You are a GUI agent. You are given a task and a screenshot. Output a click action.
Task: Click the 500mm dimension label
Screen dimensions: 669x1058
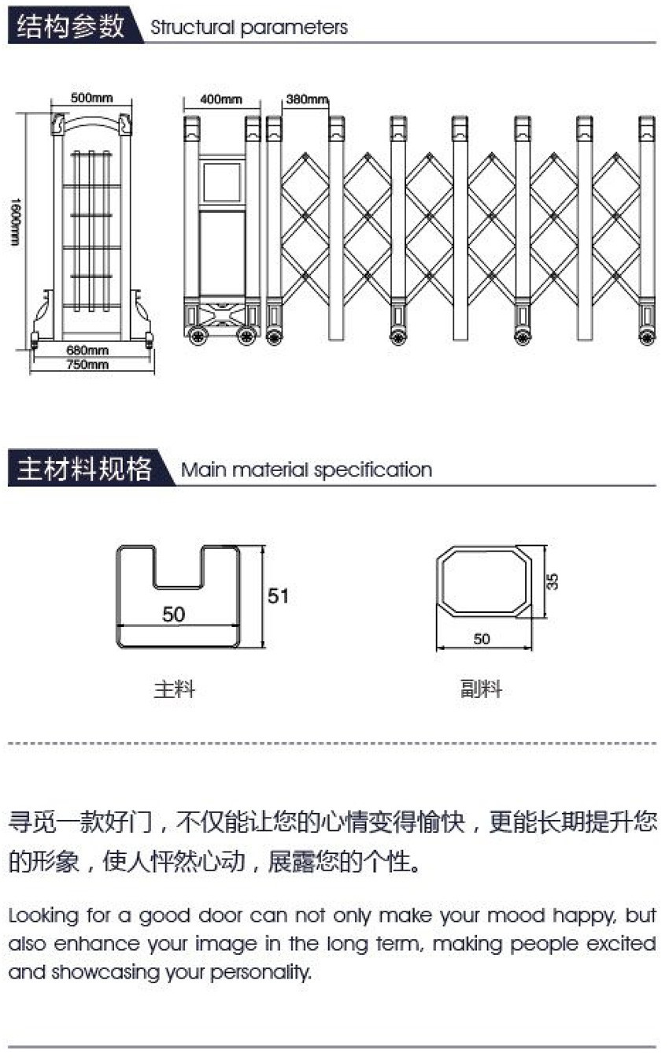click(x=92, y=98)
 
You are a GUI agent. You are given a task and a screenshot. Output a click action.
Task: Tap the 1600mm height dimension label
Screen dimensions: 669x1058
click(x=15, y=221)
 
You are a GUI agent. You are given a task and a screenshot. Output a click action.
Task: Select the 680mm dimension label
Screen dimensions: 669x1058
click(x=87, y=350)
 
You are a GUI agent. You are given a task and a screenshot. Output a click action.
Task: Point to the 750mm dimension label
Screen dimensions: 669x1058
click(x=87, y=364)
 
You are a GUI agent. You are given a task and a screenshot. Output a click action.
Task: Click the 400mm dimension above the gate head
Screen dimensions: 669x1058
click(x=221, y=99)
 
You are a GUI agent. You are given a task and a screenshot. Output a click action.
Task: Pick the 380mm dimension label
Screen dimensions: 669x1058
click(x=307, y=99)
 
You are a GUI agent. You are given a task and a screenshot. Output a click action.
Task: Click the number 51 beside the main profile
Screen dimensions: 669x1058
click(x=278, y=596)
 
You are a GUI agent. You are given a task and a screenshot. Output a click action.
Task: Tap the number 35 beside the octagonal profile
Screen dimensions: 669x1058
click(x=552, y=581)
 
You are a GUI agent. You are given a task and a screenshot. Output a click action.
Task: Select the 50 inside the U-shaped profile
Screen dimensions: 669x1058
click(x=173, y=614)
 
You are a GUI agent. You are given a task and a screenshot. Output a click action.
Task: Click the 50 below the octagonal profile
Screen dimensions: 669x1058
click(x=482, y=639)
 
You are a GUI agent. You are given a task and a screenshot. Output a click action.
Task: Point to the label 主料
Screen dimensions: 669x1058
click(x=175, y=689)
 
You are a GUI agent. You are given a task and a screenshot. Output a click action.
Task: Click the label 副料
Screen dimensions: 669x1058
click(x=481, y=689)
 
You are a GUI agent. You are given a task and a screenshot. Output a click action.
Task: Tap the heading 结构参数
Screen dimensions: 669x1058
click(x=71, y=25)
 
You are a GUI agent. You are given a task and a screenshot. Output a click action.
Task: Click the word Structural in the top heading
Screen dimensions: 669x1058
click(x=192, y=28)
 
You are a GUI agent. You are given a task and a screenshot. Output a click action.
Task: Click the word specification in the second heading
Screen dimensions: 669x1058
click(x=373, y=470)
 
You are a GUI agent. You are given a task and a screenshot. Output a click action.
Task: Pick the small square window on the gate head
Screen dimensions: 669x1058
click(x=222, y=182)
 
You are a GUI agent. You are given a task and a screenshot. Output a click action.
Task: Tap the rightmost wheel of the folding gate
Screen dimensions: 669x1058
click(x=647, y=336)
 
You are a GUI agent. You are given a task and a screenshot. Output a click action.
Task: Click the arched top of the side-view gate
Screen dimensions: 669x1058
click(x=91, y=121)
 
